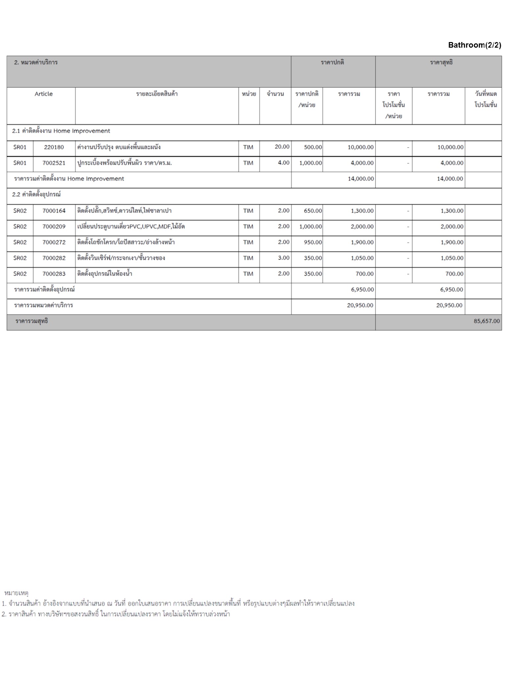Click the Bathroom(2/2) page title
(474, 45)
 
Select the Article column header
(43, 94)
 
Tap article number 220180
(54, 147)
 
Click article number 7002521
(54, 163)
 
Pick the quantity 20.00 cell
(282, 147)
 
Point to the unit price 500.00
(313, 147)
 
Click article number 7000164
(54, 211)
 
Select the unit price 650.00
(313, 211)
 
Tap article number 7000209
(54, 227)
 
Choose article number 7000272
(54, 243)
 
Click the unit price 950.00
(313, 243)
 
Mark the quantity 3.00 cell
(283, 258)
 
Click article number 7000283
(54, 274)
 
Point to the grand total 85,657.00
(486, 321)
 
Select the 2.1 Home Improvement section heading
(61, 131)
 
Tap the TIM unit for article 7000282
(248, 258)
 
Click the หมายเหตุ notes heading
(16, 593)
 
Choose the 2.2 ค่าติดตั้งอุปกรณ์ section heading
(36, 195)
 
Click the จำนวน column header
(275, 94)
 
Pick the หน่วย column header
(249, 94)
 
